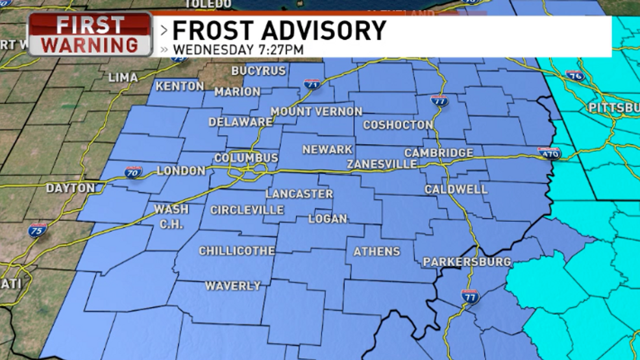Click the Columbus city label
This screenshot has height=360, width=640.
pos(246,158)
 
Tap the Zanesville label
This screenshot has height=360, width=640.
pos(382,164)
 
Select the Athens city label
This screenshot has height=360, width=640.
pos(376,251)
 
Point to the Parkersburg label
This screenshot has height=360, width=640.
pos(467,262)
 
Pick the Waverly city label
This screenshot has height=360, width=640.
pos(233,285)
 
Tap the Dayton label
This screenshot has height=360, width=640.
pos(70,188)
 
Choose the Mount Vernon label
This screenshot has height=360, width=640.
pos(316,112)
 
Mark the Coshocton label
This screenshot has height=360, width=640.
pos(398,125)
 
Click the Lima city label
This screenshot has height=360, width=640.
pos(123,78)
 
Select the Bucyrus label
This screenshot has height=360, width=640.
pos(258,71)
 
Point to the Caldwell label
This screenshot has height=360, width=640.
pos(447,189)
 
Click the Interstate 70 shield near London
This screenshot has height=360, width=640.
pos(134,172)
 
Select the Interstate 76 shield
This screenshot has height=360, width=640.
pos(575,76)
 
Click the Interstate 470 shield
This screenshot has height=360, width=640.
pos(548,153)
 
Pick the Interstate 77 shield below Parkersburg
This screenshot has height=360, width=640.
pos(470,296)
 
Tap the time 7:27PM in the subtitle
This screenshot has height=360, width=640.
pos(280,49)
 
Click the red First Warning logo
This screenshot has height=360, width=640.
pos(90,35)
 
